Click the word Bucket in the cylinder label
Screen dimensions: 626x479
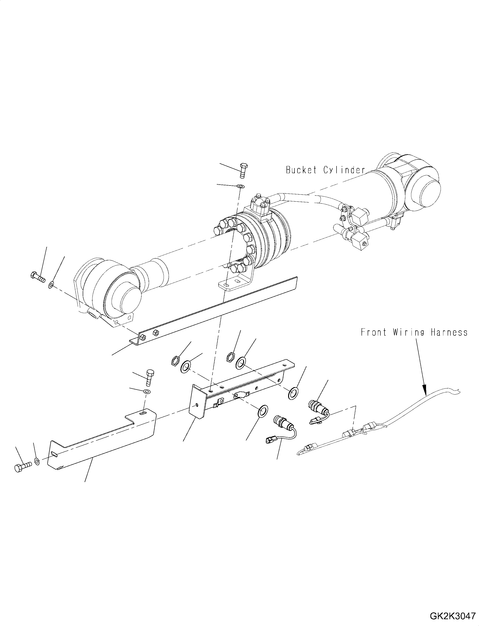(x=301, y=170)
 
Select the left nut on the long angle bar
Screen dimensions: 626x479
(x=144, y=337)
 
